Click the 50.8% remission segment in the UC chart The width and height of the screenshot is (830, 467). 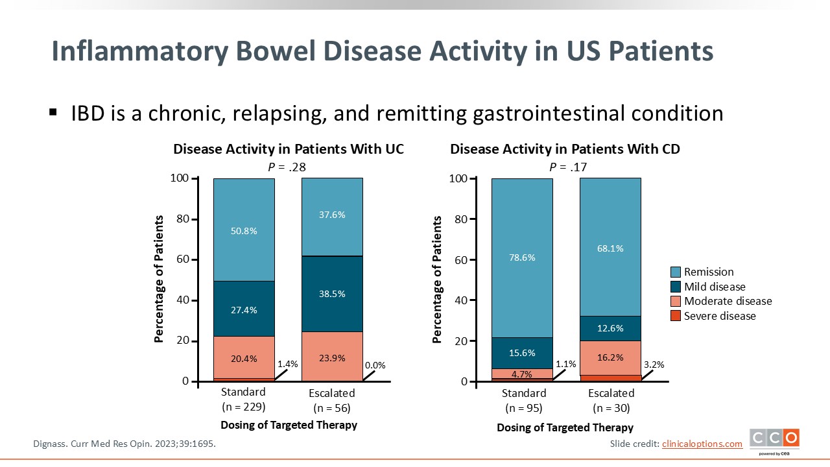[x=244, y=230]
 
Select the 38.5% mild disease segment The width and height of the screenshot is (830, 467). [x=332, y=294]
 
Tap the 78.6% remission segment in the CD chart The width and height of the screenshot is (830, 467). [x=522, y=257]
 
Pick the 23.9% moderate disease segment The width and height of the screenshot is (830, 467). [x=332, y=357]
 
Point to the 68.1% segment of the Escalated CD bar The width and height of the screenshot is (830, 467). [x=610, y=248]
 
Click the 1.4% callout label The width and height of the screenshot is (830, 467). [x=287, y=364]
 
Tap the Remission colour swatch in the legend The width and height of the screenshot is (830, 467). [x=675, y=272]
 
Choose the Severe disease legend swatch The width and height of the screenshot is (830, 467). [x=675, y=316]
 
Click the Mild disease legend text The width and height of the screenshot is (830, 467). [x=715, y=287]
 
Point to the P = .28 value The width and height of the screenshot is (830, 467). [x=287, y=167]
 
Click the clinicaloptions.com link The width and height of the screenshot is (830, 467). [x=702, y=444]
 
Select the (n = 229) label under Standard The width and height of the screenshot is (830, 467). [x=243, y=407]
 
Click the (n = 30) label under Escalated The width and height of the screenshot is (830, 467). [x=611, y=408]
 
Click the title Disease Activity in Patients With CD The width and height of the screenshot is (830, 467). [x=565, y=149]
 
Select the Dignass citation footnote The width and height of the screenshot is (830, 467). [x=124, y=444]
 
